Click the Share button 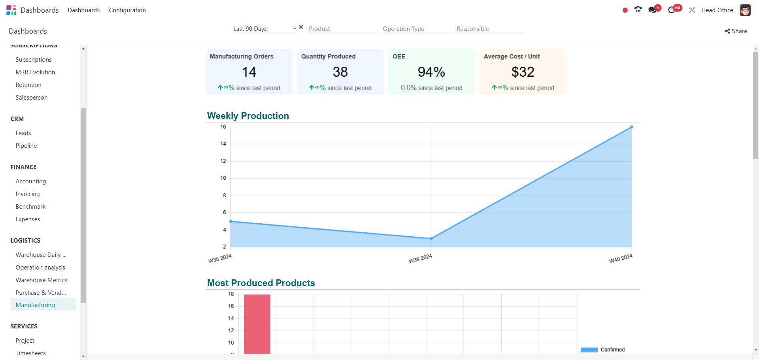(x=736, y=31)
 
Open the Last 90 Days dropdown (x=264, y=29)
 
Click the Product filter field (x=342, y=29)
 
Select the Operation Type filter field (x=416, y=29)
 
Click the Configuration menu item (x=127, y=10)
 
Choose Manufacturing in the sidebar (x=35, y=305)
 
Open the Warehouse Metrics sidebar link (x=41, y=280)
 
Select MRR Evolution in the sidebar (x=35, y=72)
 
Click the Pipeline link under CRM (x=26, y=146)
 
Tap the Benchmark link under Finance (x=30, y=207)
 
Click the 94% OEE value (x=431, y=72)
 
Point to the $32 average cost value (x=523, y=72)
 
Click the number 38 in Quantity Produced (x=340, y=72)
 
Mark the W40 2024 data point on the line (x=632, y=127)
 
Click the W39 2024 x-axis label (x=420, y=259)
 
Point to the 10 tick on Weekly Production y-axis (x=223, y=178)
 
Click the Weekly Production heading (x=248, y=116)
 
